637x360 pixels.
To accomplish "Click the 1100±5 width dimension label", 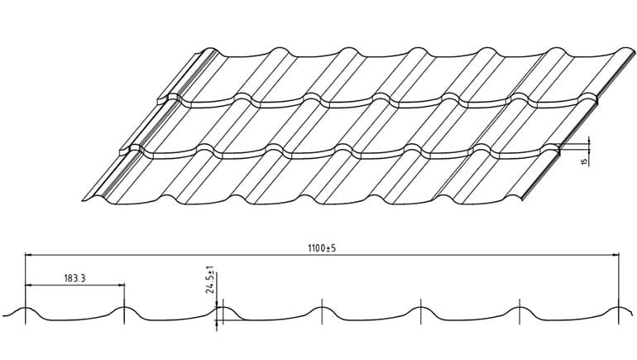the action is tap(322, 247).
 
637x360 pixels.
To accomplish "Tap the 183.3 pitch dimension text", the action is tap(74, 278).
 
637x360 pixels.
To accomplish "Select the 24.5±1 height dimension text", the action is tap(210, 280).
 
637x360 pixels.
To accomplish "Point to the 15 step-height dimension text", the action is tap(585, 161).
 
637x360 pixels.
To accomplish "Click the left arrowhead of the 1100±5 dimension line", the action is tap(28, 255).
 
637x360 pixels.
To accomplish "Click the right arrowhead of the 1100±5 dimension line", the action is tap(615, 255).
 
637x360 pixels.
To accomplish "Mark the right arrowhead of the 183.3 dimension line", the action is tap(121, 286).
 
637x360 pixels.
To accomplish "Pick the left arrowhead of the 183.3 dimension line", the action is tap(28, 286).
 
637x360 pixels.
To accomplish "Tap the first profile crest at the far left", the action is tap(25, 308).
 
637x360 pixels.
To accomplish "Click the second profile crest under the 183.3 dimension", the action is tap(124, 308).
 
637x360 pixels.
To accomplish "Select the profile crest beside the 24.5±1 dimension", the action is tap(223, 308).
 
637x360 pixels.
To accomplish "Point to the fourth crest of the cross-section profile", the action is tap(322, 308).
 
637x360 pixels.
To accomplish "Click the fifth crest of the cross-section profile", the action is tap(421, 308).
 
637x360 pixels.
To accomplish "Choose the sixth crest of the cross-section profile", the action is tap(520, 308).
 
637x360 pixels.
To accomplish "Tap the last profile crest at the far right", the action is tap(618, 308).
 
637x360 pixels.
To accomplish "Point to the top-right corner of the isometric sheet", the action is tap(634, 52).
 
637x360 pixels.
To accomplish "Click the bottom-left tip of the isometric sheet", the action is tap(83, 200).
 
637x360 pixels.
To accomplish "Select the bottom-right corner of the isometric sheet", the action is tap(522, 200).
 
